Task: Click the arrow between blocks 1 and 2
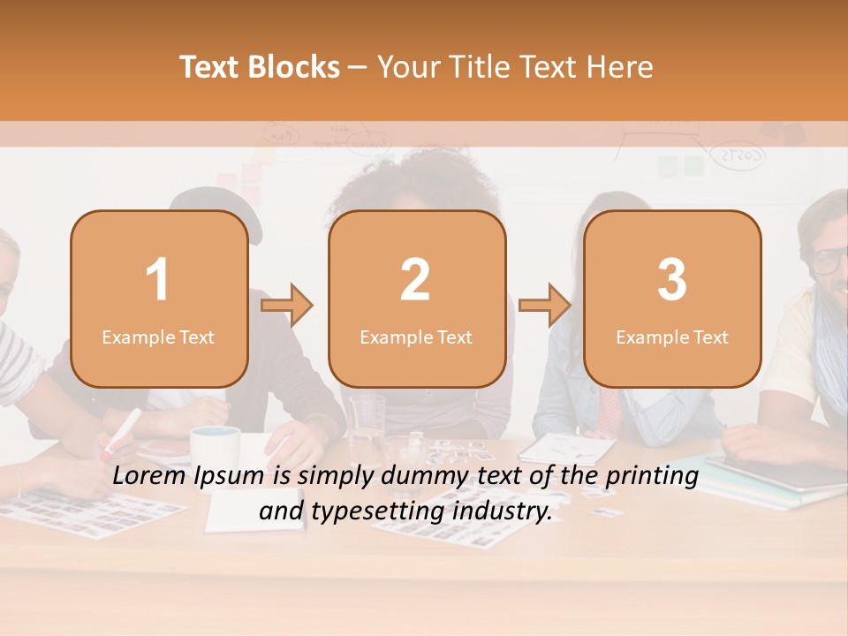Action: (x=287, y=305)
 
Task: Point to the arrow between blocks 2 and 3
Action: (x=545, y=305)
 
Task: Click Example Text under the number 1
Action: (x=158, y=337)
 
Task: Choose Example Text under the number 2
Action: (x=416, y=337)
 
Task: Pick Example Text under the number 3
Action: (x=672, y=337)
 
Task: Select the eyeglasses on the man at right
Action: (x=829, y=261)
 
